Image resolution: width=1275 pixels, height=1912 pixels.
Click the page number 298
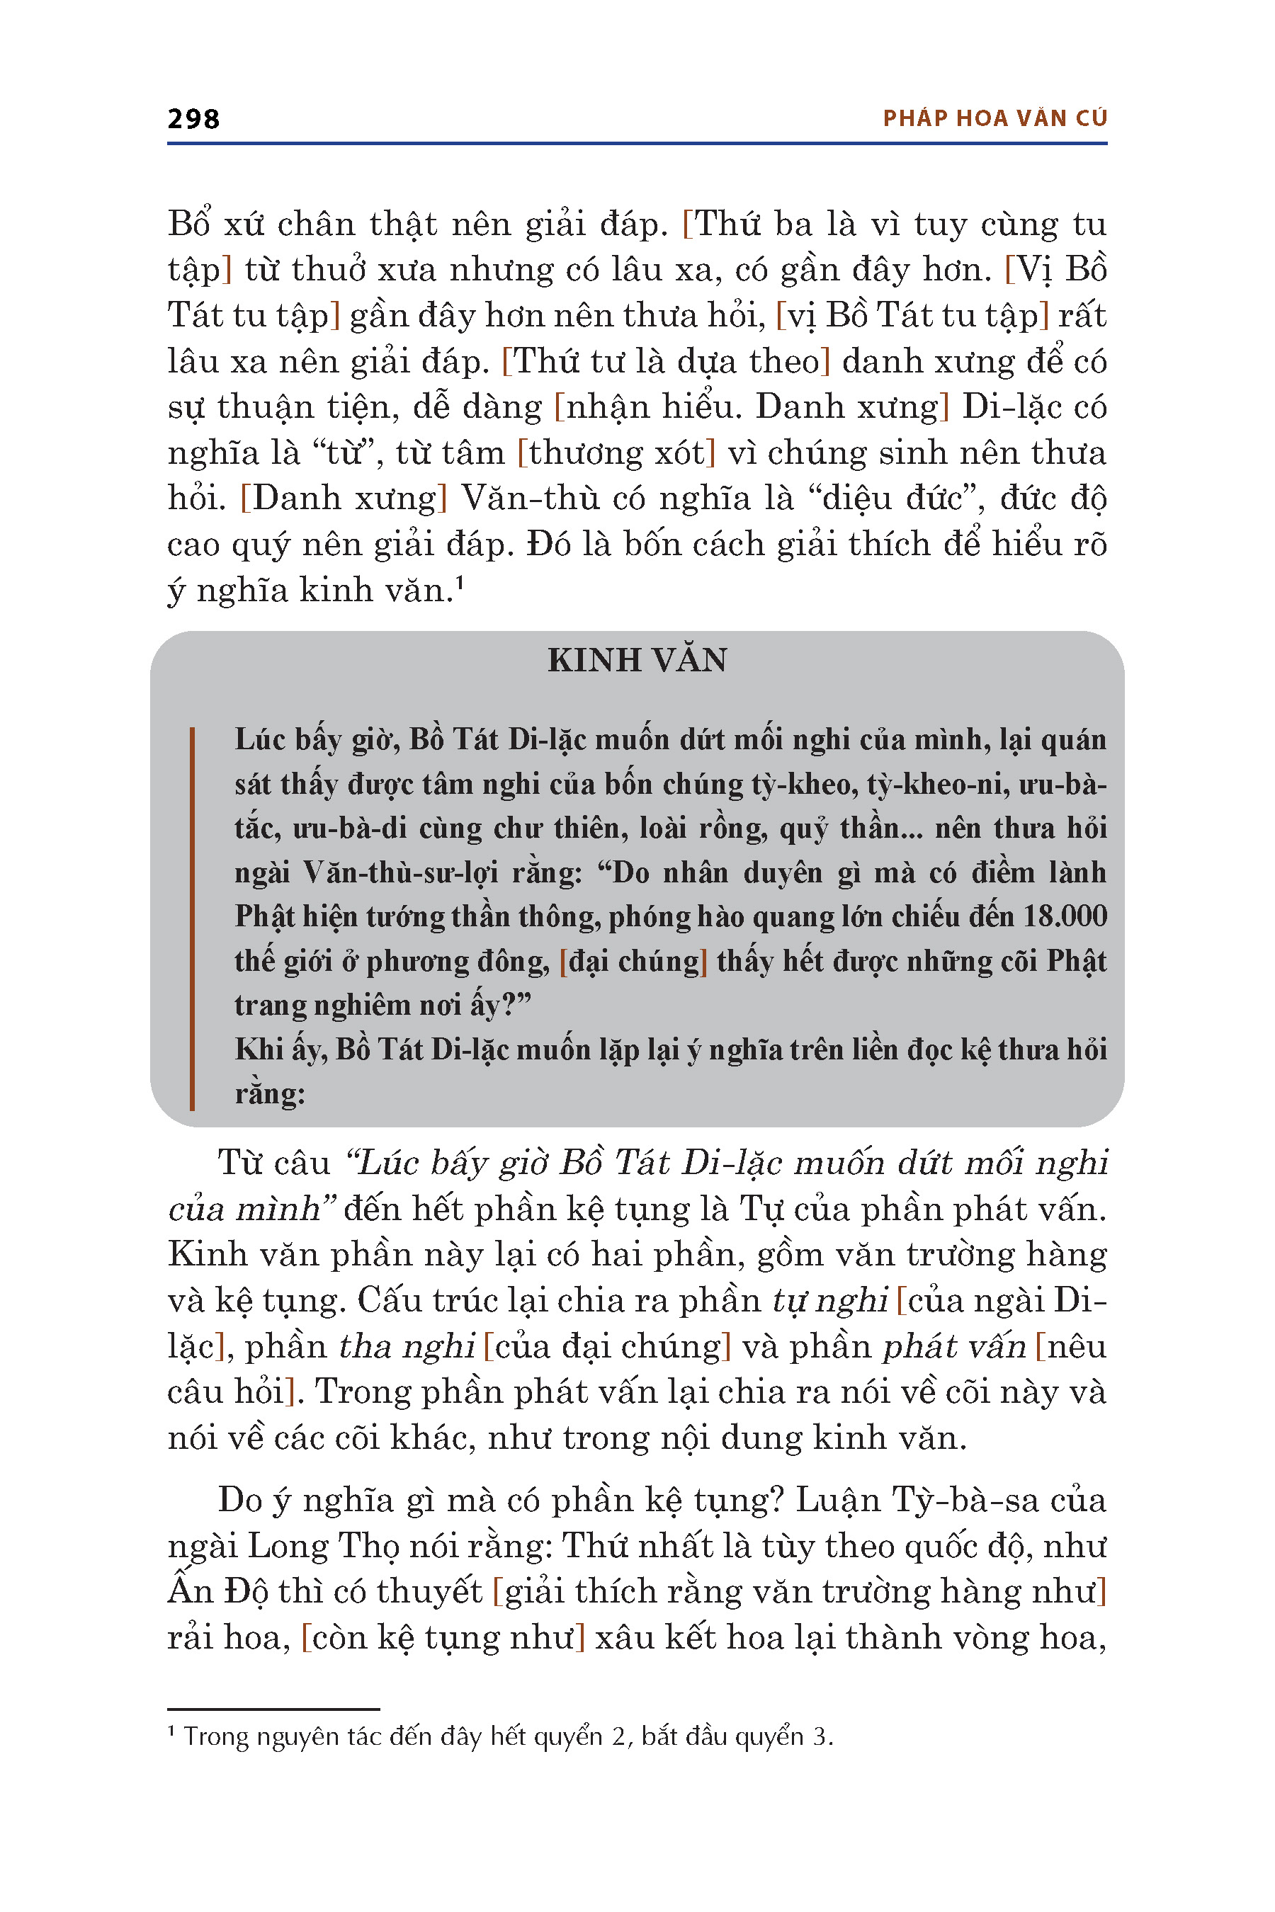(193, 120)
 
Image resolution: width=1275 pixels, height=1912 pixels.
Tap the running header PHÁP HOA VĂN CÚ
(994, 119)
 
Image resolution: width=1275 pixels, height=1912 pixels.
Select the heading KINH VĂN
(637, 660)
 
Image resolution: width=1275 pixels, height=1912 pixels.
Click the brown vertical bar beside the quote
(192, 918)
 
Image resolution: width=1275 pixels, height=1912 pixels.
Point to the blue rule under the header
(637, 144)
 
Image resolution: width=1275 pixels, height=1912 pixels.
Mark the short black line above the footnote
(273, 1709)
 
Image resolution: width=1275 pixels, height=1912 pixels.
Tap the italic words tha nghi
(407, 1347)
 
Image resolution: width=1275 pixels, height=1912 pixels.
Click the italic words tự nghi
(829, 1301)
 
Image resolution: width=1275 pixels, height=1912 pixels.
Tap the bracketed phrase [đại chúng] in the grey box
(633, 962)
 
